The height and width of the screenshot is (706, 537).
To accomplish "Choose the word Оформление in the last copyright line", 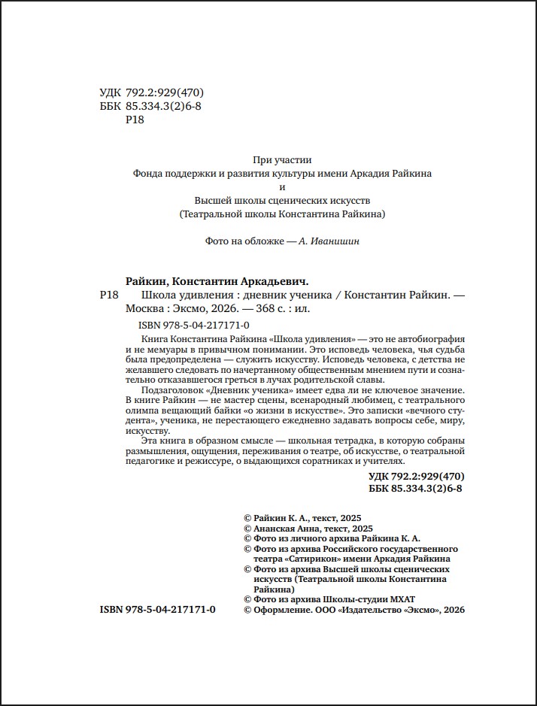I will click(282, 611).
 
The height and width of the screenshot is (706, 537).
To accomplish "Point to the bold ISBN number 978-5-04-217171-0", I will click(169, 611).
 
